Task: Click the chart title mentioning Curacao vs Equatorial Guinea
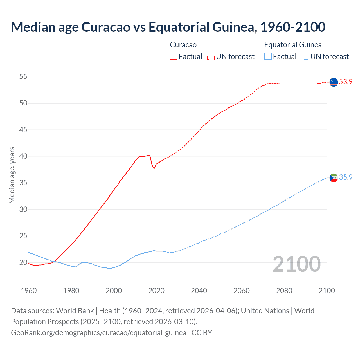tap(168, 27)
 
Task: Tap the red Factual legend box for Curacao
tap(174, 56)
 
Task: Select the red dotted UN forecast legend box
tap(211, 56)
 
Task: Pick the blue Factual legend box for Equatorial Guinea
tap(268, 56)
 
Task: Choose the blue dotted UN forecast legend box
tap(305, 56)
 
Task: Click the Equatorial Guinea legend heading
tap(293, 45)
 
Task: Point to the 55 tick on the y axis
tap(23, 76)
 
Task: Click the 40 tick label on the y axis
tap(23, 156)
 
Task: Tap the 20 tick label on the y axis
tap(23, 262)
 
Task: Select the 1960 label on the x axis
tap(29, 291)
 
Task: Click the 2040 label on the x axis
tap(199, 291)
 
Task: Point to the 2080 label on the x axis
tap(284, 291)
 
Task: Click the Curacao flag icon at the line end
tap(334, 82)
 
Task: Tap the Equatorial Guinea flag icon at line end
tap(334, 178)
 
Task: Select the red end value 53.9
tap(346, 82)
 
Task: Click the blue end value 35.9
tap(346, 177)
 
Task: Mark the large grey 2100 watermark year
tap(296, 264)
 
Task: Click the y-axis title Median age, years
tap(12, 175)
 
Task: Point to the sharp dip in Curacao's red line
tap(154, 168)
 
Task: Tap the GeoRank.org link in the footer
tap(98, 333)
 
